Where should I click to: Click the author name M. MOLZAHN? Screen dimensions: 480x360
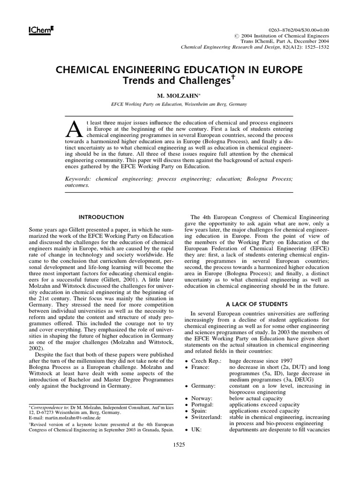(180, 96)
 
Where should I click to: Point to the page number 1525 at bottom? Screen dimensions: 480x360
(180, 444)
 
